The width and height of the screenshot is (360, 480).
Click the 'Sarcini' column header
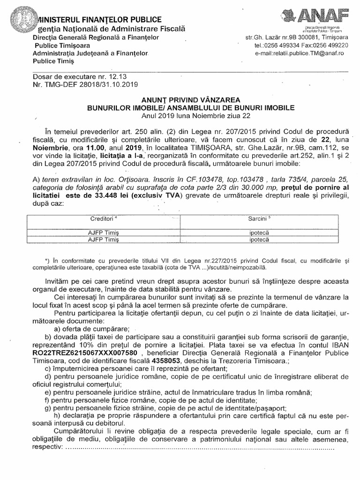coord(260,219)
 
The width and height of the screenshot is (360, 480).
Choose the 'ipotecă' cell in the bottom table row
coord(260,239)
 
